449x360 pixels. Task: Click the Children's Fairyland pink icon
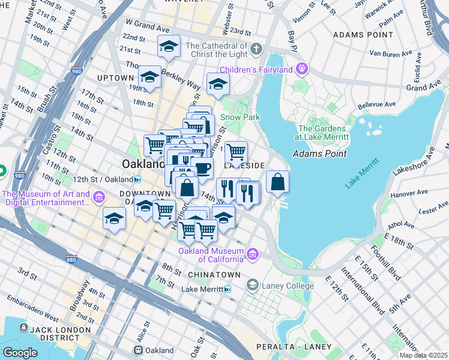click(301, 70)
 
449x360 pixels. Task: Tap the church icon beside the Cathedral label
click(256, 48)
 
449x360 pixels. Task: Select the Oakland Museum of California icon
click(253, 254)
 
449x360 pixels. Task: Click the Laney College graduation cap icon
click(253, 286)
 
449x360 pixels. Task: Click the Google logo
click(20, 352)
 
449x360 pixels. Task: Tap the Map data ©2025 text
click(423, 355)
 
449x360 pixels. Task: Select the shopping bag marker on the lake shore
click(277, 182)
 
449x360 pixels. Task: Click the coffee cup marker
click(202, 169)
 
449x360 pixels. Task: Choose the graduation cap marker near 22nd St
click(169, 47)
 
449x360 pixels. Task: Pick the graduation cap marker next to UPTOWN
click(149, 77)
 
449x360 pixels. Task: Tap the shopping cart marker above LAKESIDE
click(237, 152)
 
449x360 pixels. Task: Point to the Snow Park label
click(240, 117)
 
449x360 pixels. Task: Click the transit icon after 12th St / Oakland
click(137, 179)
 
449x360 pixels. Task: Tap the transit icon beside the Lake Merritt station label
click(228, 289)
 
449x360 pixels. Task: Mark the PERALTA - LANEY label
click(293, 347)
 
